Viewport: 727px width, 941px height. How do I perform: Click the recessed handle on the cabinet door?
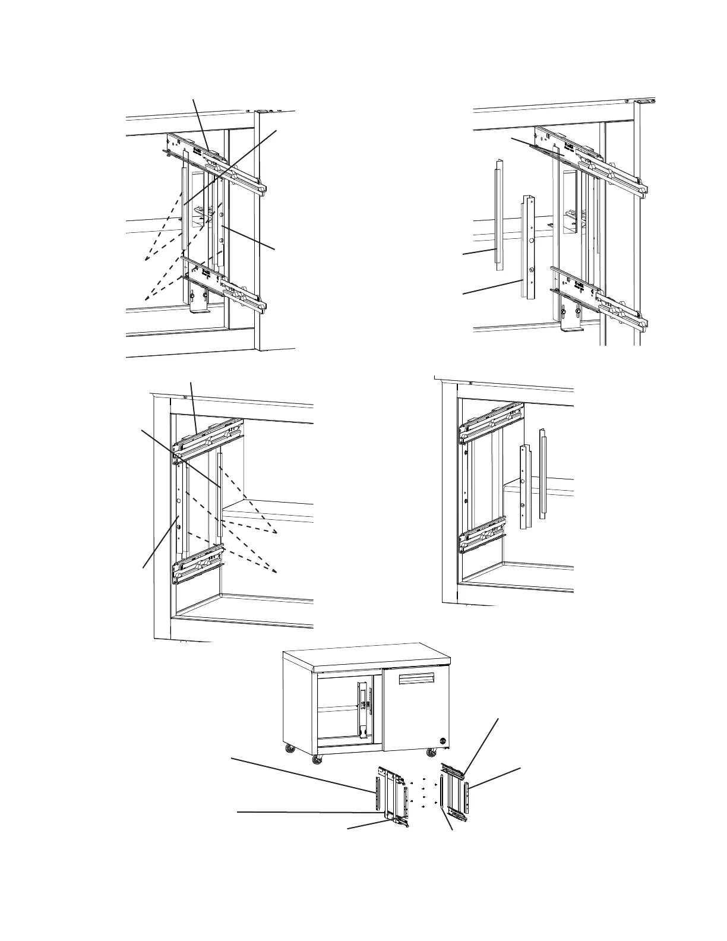(x=419, y=680)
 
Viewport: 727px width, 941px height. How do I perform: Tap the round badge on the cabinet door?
(x=442, y=740)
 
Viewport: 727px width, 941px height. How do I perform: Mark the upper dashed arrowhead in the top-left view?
(x=146, y=260)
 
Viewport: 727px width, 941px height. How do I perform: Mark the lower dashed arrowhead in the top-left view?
(x=146, y=296)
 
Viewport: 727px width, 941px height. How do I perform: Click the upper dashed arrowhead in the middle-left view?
(x=276, y=533)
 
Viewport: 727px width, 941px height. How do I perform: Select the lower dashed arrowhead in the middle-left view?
(x=276, y=571)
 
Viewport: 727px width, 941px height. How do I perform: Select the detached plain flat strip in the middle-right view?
(x=543, y=473)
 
